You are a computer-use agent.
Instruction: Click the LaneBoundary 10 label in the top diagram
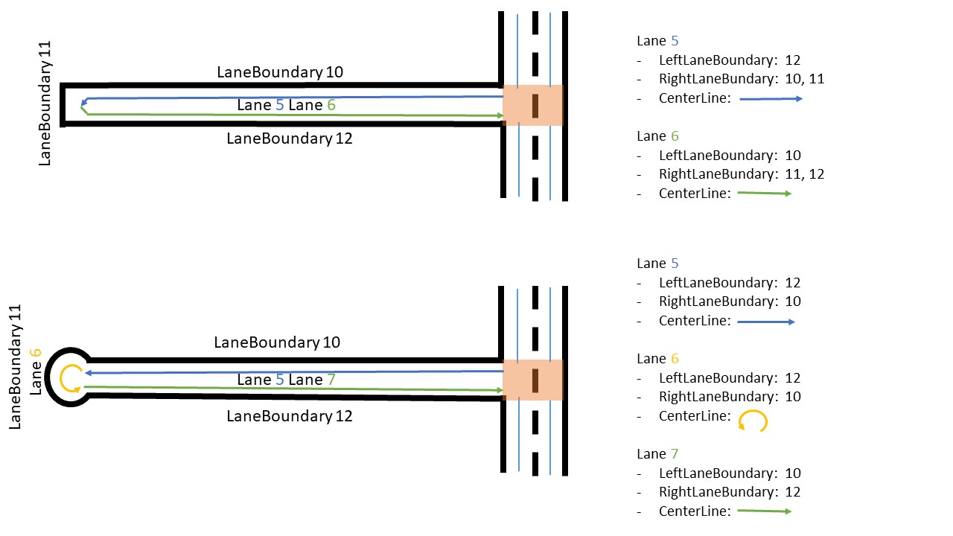(x=280, y=72)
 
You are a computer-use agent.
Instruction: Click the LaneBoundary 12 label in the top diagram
(x=290, y=138)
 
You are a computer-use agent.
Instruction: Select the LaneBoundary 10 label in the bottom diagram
(x=277, y=342)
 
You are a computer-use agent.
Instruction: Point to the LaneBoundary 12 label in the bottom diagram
(x=290, y=416)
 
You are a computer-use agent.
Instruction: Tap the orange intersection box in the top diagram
(x=532, y=105)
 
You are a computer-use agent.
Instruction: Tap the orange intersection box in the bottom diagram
(x=532, y=380)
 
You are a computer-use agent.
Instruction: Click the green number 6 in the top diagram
(x=331, y=106)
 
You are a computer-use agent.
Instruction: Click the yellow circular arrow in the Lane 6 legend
(x=753, y=421)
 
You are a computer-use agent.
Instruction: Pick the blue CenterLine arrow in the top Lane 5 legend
(x=771, y=98)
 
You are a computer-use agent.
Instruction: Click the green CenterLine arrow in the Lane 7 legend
(x=765, y=511)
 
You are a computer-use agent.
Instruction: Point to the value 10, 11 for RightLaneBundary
(x=799, y=79)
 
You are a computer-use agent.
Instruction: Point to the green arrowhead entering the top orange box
(x=501, y=115)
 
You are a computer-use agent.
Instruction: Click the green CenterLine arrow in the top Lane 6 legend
(x=765, y=193)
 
